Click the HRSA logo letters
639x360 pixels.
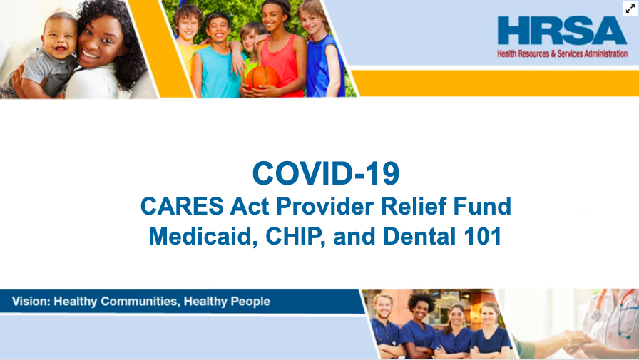[562, 30]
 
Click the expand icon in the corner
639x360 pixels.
[630, 8]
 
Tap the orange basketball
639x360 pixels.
[262, 78]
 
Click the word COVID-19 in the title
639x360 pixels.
[326, 173]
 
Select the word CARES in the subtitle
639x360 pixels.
[182, 206]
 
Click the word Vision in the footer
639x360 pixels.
[31, 302]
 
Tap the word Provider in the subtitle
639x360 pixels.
[324, 206]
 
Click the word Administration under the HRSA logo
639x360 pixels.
[606, 53]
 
